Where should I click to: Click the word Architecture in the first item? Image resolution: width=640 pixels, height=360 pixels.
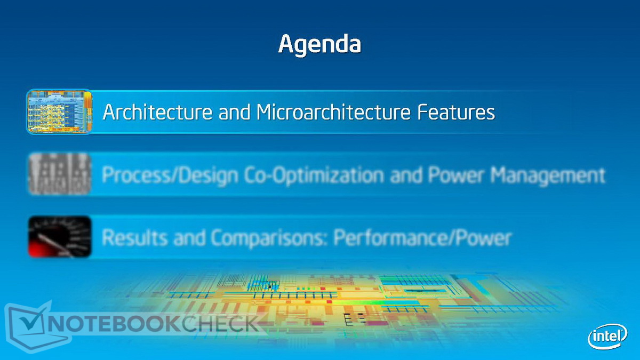[x=157, y=111]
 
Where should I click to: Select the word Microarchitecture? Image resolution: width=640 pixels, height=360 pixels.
[x=333, y=111]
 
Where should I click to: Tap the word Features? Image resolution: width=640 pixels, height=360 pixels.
[x=456, y=111]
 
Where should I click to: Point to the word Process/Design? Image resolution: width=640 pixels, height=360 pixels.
[x=170, y=175]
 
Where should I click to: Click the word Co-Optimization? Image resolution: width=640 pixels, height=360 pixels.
[x=314, y=175]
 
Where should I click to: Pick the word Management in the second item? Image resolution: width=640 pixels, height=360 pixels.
[x=548, y=175]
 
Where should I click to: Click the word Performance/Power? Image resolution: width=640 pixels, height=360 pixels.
[x=422, y=238]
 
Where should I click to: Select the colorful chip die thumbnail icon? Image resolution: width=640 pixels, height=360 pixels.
[x=59, y=111]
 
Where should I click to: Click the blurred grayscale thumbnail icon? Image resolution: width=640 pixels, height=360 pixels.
[x=60, y=174]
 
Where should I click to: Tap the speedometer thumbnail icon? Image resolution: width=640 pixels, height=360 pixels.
[x=60, y=237]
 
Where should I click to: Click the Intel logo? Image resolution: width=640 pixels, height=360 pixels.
[x=607, y=337]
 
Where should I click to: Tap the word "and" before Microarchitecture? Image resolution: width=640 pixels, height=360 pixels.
[x=234, y=112]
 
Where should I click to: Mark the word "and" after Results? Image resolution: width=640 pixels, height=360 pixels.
[x=189, y=238]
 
